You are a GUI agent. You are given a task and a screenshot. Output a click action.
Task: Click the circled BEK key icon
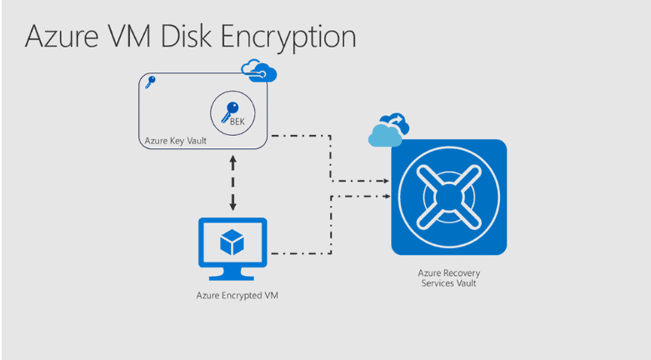point(229,113)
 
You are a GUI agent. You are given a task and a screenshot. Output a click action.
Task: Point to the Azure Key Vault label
point(175,142)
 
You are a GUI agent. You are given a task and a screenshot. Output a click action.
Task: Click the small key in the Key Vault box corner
point(150,82)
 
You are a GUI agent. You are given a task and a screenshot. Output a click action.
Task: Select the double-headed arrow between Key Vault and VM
point(233,183)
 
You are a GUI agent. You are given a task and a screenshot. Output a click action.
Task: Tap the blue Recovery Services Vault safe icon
point(448,197)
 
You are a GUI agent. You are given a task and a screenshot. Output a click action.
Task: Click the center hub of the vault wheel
point(448,197)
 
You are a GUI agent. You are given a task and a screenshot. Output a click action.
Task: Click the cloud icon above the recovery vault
point(388,129)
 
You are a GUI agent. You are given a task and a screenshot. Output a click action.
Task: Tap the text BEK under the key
point(237,122)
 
